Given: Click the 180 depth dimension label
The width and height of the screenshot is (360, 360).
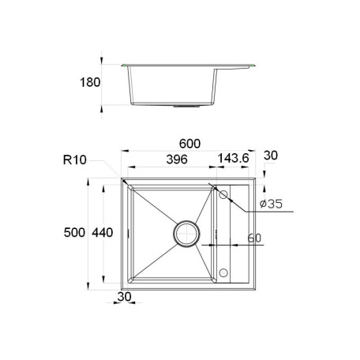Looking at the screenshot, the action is coord(90,82).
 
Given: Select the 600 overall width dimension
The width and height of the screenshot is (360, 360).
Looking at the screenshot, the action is coord(189,144).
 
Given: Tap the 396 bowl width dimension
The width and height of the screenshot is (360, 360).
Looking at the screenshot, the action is coord(177,159).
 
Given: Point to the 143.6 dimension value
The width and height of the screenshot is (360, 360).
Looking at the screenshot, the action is coord(233,159).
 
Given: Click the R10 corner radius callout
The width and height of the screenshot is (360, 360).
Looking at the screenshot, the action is coord(75,159).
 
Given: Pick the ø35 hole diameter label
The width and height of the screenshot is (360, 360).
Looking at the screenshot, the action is coord(271,204).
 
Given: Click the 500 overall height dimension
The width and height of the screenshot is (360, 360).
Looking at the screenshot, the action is coord(74,233).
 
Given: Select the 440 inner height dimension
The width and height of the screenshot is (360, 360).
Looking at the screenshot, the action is coord(103,233).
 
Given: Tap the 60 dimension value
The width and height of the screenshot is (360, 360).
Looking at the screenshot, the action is coord(254,238).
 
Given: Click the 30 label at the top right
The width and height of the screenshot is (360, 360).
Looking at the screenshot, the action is coord(271,156).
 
